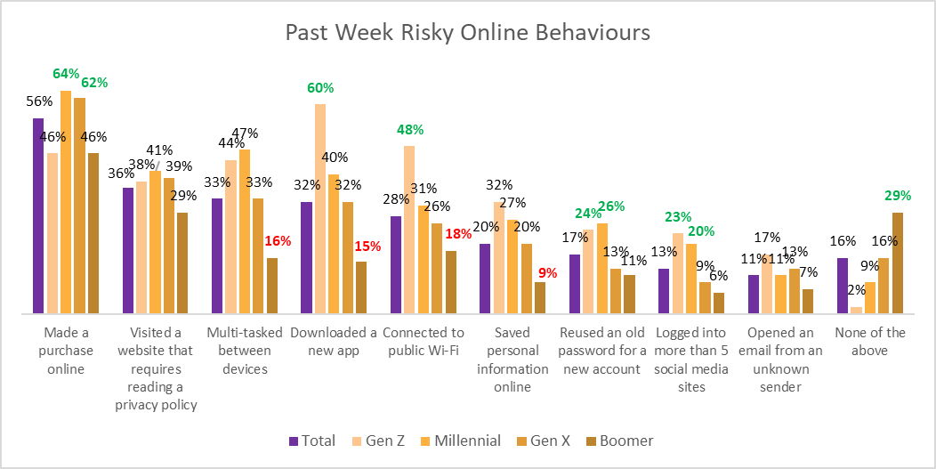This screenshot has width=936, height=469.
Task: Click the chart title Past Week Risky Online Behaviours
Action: [x=468, y=33]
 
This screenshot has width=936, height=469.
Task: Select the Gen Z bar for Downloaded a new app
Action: [x=319, y=209]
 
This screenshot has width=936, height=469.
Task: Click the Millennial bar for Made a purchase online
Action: [x=66, y=202]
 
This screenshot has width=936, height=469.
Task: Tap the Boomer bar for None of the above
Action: [x=897, y=263]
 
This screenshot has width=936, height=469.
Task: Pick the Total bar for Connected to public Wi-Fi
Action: [x=395, y=264]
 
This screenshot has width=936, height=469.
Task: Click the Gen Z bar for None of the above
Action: [x=856, y=311]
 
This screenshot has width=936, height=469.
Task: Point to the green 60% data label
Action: [x=320, y=88]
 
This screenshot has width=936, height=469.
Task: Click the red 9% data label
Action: [x=545, y=273]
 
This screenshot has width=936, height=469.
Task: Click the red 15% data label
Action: [x=367, y=246]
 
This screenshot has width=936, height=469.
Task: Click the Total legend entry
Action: [x=312, y=441]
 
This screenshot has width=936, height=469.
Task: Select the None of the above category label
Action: [x=869, y=342]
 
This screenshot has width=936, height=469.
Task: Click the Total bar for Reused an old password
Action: [x=575, y=284]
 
